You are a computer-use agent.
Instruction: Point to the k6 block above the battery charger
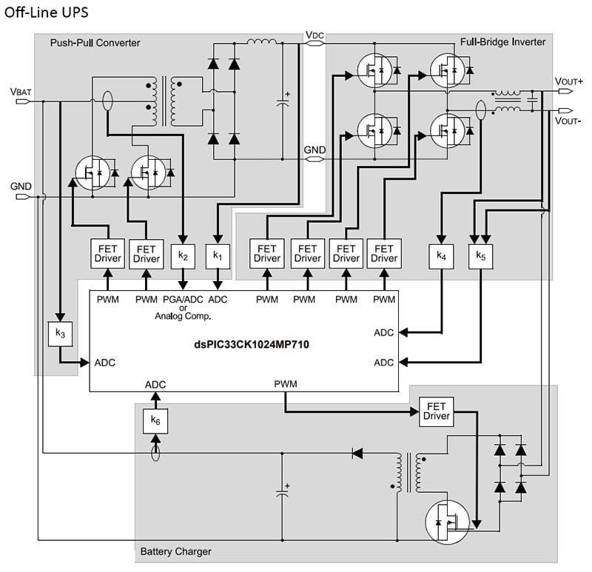155,420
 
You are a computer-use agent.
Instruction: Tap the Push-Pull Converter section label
95,42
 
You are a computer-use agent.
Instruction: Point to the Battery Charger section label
175,551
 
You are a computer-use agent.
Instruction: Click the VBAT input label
21,90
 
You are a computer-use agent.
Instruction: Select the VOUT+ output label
568,81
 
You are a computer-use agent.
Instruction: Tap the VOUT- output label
568,120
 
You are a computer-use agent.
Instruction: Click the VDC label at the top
314,34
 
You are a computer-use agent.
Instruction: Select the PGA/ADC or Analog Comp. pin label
183,308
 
